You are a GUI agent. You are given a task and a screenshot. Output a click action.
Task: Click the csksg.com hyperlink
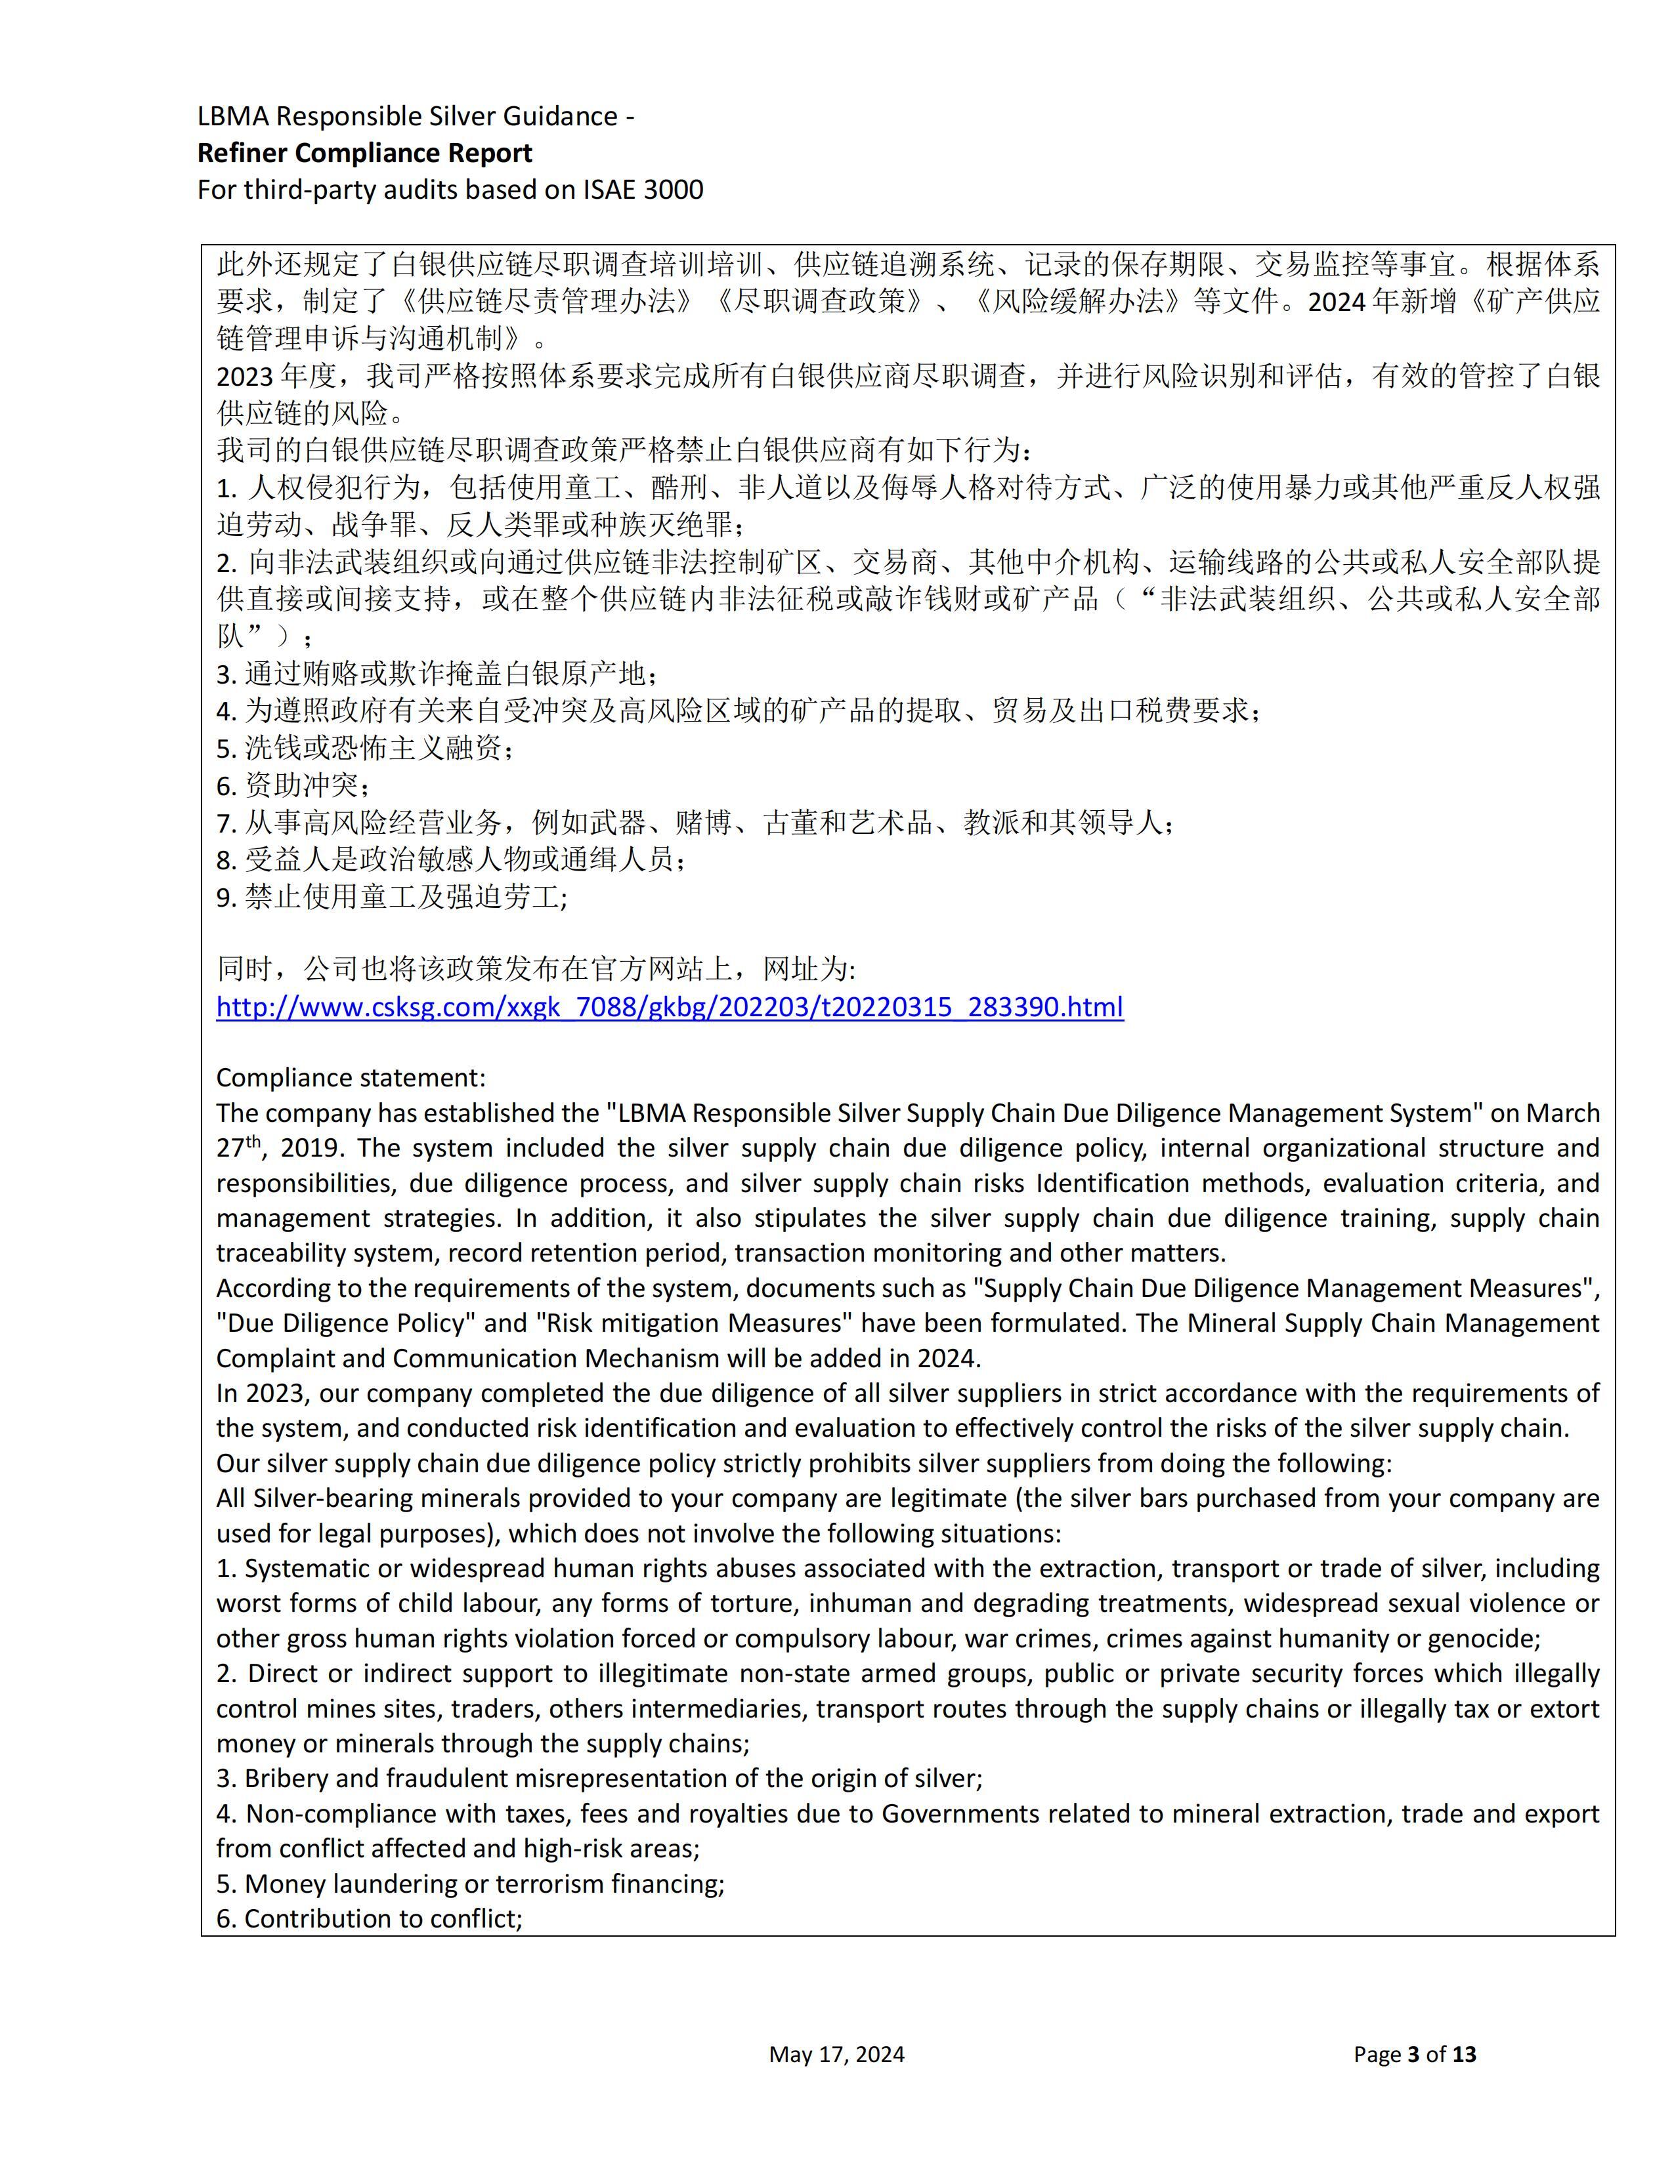pos(670,1007)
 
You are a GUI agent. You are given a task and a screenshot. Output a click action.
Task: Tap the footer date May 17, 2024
pos(836,2054)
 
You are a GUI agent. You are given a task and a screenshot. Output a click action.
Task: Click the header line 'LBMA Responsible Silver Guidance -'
pos(416,116)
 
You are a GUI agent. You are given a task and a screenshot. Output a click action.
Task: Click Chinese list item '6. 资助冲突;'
pos(295,785)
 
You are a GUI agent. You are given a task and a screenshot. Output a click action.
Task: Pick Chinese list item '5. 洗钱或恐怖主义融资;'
pos(365,747)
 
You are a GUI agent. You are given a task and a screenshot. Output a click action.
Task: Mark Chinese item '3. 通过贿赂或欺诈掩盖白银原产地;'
pos(437,674)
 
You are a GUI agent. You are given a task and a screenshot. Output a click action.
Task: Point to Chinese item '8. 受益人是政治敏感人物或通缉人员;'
pos(451,859)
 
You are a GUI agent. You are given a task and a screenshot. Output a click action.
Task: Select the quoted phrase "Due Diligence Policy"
pos(340,1323)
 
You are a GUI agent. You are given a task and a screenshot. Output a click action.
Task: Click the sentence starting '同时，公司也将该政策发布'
pos(536,968)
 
